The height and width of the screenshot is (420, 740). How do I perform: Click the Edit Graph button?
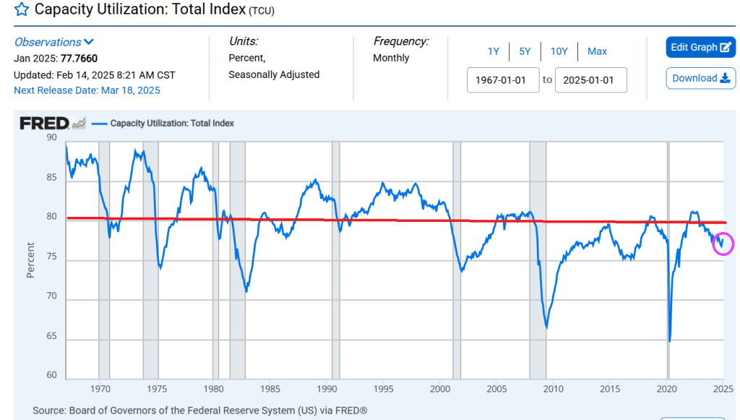pyautogui.click(x=700, y=47)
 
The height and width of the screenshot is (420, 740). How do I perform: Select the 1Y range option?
pyautogui.click(x=493, y=51)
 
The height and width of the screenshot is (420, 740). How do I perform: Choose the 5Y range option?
pyautogui.click(x=525, y=51)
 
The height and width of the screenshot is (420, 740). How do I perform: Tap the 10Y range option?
pyautogui.click(x=559, y=51)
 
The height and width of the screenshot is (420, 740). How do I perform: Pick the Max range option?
pyautogui.click(x=597, y=51)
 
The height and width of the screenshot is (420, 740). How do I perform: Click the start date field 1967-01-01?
pyautogui.click(x=501, y=80)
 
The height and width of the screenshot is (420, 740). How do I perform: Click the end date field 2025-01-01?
pyautogui.click(x=590, y=80)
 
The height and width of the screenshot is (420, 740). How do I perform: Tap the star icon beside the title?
pyautogui.click(x=22, y=10)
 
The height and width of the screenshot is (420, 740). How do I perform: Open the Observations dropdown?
pyautogui.click(x=54, y=42)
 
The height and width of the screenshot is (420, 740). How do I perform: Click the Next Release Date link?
pyautogui.click(x=87, y=90)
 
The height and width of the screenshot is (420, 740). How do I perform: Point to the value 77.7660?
pyautogui.click(x=79, y=59)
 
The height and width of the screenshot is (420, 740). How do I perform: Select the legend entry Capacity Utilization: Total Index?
pyautogui.click(x=172, y=124)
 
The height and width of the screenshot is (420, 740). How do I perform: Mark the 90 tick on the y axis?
pyautogui.click(x=51, y=136)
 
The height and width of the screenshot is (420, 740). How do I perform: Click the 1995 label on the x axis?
pyautogui.click(x=384, y=389)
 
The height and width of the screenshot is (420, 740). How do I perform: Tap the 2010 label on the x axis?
pyautogui.click(x=553, y=389)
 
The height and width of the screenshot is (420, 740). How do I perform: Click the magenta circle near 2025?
pyautogui.click(x=723, y=244)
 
